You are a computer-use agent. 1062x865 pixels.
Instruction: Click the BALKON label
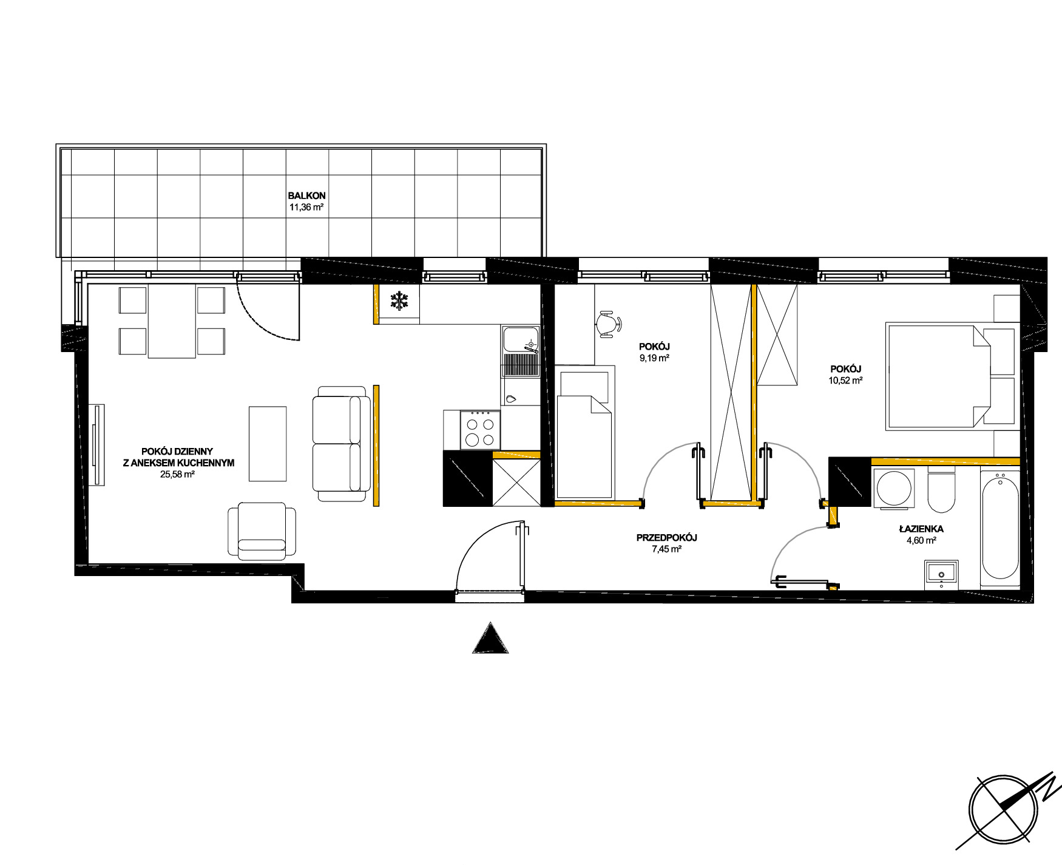(x=306, y=195)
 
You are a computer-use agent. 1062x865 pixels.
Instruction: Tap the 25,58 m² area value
(x=177, y=475)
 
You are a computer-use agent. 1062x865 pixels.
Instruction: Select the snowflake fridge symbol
(x=399, y=301)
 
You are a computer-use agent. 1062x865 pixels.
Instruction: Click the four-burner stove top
(x=481, y=430)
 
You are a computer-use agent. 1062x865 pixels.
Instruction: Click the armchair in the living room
(x=262, y=531)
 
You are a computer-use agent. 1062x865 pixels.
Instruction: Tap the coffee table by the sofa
(x=268, y=444)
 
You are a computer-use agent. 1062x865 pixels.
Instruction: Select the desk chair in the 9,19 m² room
(x=608, y=324)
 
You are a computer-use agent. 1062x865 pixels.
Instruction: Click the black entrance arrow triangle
(x=490, y=638)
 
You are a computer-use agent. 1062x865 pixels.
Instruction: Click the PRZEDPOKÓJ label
(x=667, y=538)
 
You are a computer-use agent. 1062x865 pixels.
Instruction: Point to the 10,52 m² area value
(x=846, y=381)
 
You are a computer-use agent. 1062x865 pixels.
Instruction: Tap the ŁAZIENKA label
(x=921, y=529)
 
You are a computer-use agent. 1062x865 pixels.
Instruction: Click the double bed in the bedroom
(x=951, y=376)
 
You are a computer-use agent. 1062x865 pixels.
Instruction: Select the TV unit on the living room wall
(x=96, y=445)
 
